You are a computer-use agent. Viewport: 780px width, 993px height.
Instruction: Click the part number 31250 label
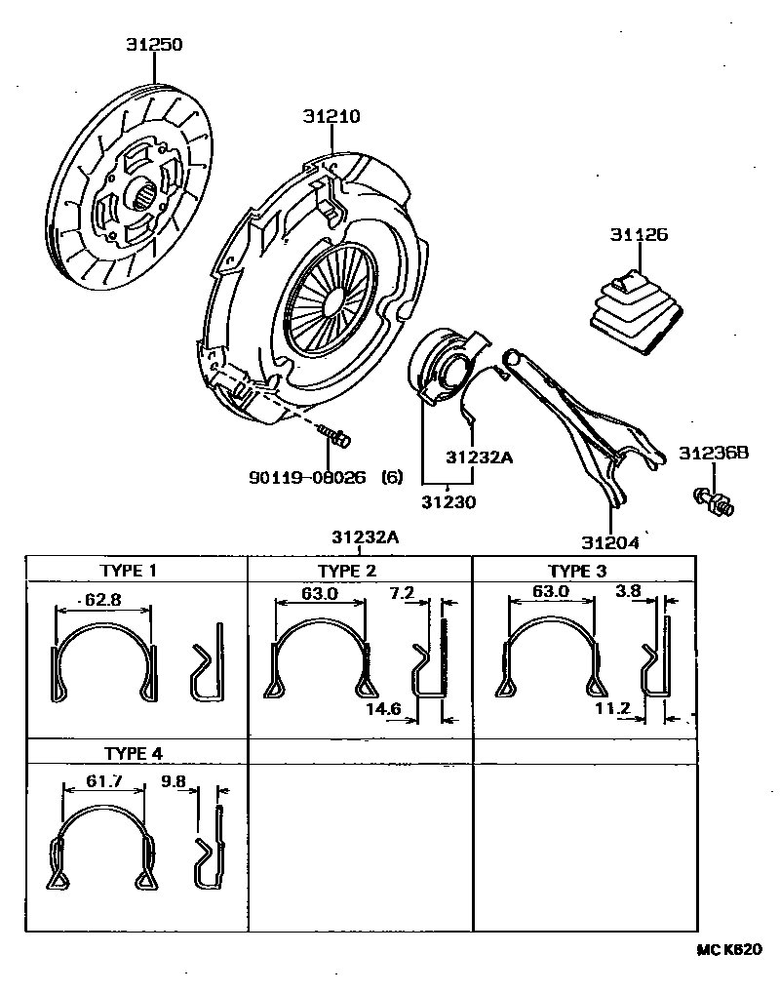[154, 45]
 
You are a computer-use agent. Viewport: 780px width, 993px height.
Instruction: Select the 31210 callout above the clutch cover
[331, 116]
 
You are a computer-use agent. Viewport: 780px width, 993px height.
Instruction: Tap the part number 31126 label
[639, 235]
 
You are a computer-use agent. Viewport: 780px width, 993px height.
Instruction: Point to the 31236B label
[714, 454]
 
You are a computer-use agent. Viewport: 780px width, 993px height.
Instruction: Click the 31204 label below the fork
[610, 542]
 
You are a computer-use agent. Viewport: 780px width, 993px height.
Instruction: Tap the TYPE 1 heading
[129, 571]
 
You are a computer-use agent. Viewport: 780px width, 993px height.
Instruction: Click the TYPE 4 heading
[134, 753]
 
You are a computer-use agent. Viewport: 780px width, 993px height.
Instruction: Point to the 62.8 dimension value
[104, 600]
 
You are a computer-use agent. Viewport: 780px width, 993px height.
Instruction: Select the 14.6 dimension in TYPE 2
[384, 709]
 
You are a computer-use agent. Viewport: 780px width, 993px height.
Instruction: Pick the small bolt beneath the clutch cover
[338, 438]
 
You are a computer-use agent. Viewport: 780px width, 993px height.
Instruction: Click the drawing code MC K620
[727, 948]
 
